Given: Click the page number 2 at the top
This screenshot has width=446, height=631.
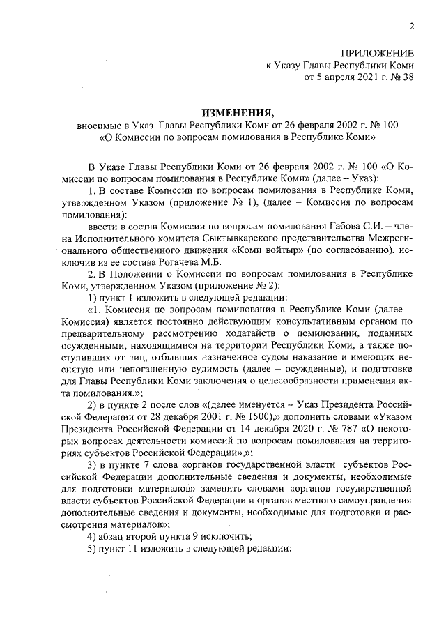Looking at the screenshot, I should pyautogui.click(x=412, y=27).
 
